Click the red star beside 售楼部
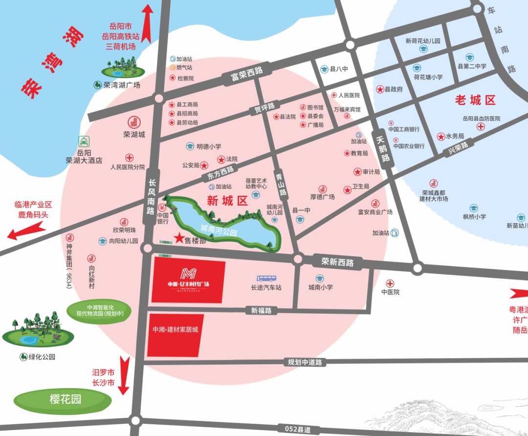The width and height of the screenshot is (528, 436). point(179,238)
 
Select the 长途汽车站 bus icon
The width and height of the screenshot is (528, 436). point(266,278)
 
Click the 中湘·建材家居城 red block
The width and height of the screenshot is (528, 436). point(175,335)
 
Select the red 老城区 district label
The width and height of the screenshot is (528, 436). point(475,100)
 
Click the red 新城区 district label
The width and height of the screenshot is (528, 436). point(227,200)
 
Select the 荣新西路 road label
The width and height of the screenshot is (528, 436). point(337,262)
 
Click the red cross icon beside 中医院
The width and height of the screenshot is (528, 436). point(390,283)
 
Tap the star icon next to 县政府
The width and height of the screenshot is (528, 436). point(380,89)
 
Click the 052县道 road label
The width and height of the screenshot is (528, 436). point(298,429)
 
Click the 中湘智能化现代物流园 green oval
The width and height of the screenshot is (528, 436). point(99,311)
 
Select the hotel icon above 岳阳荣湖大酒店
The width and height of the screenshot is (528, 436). point(84,142)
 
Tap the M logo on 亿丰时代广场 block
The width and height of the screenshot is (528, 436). point(188,274)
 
